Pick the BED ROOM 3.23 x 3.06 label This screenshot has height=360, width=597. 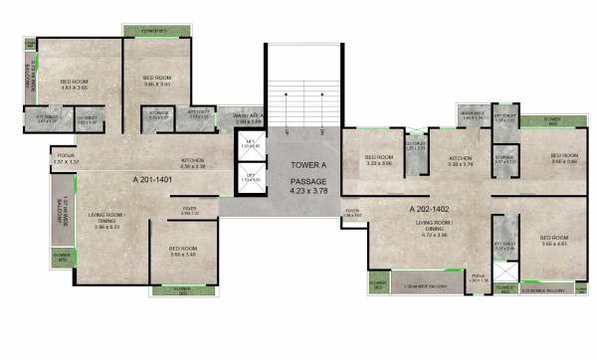pos(379,160)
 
